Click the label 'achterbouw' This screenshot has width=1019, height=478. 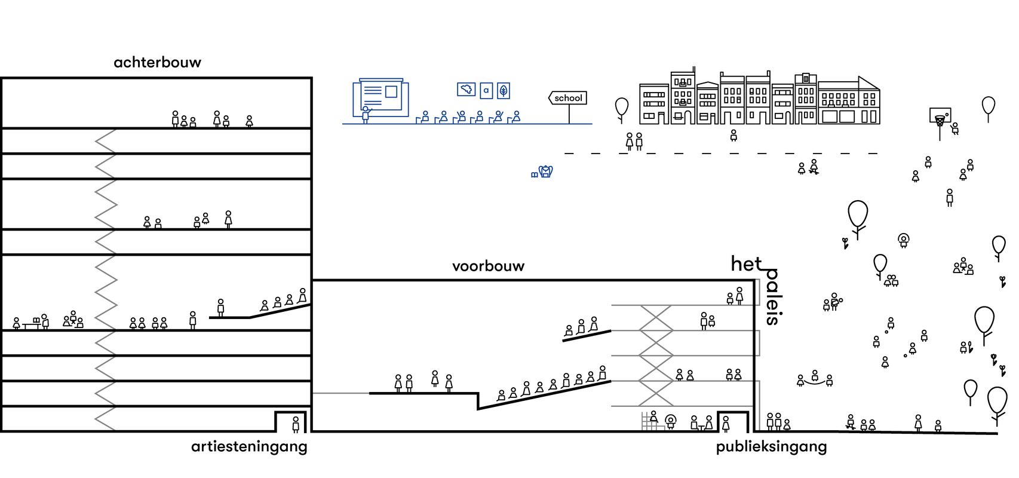click(157, 62)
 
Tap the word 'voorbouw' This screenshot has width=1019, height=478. click(488, 266)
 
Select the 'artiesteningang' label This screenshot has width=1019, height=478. click(249, 447)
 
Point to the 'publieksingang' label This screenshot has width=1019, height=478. click(771, 447)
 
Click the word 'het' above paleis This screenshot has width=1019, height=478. click(746, 263)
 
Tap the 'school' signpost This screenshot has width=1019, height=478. click(567, 98)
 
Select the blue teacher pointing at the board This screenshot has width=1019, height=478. click(366, 114)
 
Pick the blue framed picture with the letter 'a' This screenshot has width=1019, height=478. click(486, 90)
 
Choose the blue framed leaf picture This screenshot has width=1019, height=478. click(504, 90)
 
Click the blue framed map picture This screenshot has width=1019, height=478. click(466, 89)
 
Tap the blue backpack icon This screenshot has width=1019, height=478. click(545, 171)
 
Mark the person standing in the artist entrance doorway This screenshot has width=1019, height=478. click(296, 424)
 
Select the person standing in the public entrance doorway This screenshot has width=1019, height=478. click(726, 424)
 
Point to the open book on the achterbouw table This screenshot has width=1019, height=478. click(36, 320)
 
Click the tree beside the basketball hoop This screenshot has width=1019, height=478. click(989, 108)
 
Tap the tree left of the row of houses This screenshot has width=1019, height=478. click(622, 108)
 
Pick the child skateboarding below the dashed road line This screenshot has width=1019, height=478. click(814, 167)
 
